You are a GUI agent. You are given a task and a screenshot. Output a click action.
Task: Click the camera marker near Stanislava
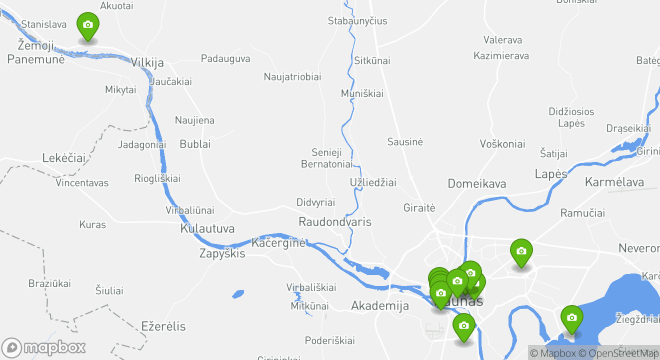point(87,25)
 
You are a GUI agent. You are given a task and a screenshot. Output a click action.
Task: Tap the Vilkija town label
point(147,62)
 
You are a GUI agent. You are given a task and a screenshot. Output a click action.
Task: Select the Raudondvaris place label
point(335,221)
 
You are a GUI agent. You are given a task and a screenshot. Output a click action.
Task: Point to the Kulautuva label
point(207,228)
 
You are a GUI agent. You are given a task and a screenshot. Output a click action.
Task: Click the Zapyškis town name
point(222,253)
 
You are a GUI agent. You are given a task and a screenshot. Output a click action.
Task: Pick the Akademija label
point(380,305)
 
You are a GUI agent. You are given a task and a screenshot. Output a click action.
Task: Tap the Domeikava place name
point(476,183)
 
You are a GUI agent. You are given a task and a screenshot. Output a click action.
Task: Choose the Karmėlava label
point(614,181)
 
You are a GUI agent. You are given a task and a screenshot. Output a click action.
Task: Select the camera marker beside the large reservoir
point(571,318)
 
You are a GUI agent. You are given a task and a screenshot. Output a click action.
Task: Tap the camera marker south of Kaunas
point(463,326)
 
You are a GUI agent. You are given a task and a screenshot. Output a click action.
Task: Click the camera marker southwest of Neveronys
point(521,251)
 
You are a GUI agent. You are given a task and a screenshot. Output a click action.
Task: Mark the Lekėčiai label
point(64,158)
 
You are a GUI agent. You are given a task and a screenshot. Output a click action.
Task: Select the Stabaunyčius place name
point(357,21)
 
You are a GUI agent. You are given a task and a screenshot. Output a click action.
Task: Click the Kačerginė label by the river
point(278,243)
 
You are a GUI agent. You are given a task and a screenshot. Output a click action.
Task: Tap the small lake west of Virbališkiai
point(238,294)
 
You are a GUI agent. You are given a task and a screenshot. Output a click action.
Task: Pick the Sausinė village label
point(405,142)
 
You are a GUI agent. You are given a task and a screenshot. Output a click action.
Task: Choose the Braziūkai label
point(49,283)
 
